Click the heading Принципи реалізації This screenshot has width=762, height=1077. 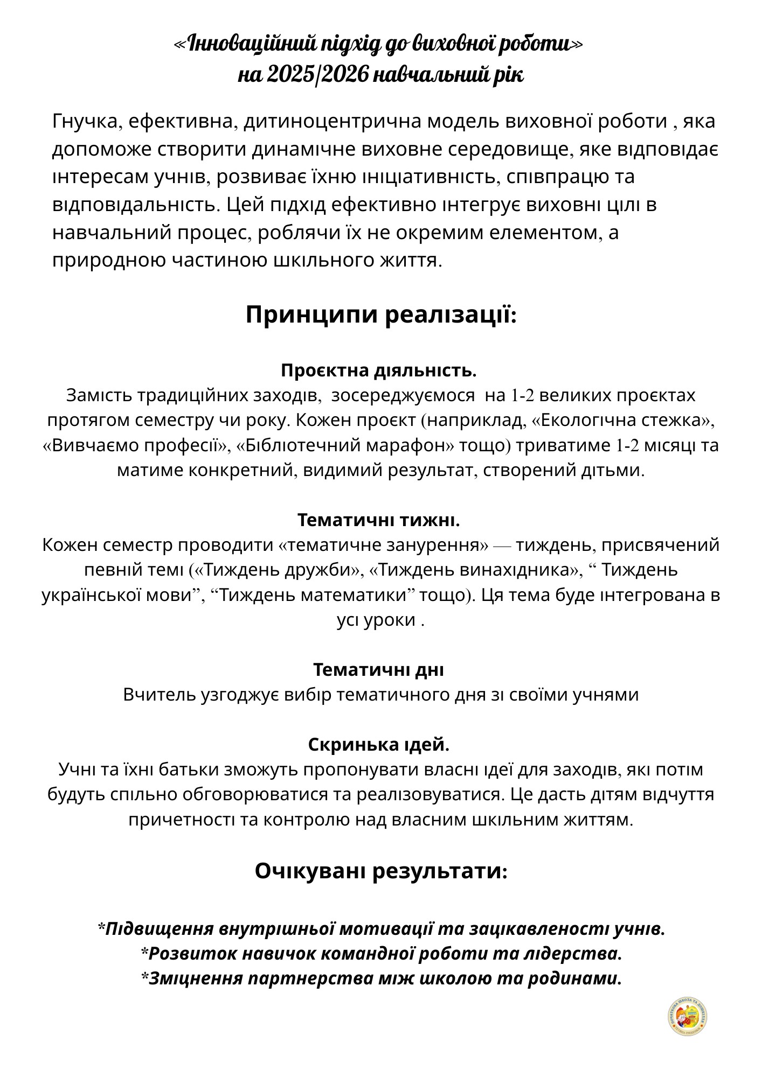pos(381,314)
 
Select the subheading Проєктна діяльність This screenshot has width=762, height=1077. pos(379,370)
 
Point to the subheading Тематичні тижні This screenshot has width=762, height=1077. pos(379,520)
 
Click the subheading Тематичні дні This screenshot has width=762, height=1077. pos(379,670)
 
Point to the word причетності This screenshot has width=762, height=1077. pos(181,820)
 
